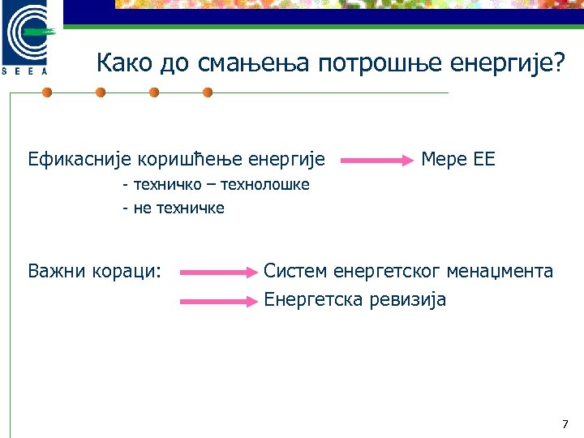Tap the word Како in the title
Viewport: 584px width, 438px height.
(x=124, y=62)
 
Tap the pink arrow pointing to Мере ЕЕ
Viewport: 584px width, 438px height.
(x=377, y=161)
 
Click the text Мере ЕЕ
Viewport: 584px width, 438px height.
(x=457, y=159)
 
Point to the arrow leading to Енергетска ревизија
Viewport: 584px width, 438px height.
(x=217, y=301)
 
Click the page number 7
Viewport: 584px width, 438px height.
(x=565, y=424)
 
